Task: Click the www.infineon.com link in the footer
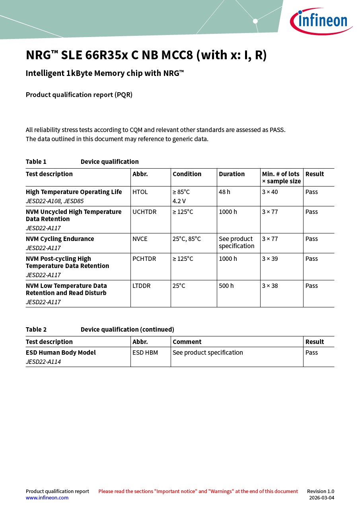(47, 497)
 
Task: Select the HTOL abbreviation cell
(140, 192)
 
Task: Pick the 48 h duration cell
(224, 192)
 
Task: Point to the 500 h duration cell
(226, 286)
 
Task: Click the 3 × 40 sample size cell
(270, 192)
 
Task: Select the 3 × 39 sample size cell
(270, 259)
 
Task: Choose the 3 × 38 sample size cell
(270, 286)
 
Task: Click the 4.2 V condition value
(179, 201)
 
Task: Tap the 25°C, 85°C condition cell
(187, 239)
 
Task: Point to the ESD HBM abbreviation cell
(145, 353)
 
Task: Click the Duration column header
(232, 174)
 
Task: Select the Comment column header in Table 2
(187, 342)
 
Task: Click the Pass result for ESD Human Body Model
(311, 353)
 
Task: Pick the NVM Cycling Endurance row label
(60, 239)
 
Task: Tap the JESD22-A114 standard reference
(43, 362)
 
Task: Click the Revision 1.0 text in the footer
(320, 492)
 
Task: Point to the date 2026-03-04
(321, 498)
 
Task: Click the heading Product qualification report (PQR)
(79, 95)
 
